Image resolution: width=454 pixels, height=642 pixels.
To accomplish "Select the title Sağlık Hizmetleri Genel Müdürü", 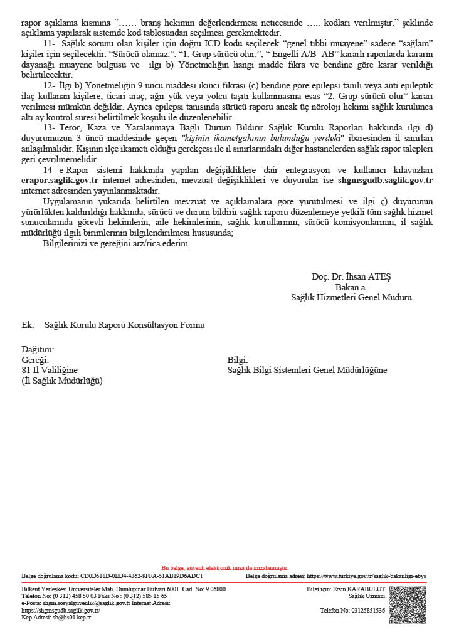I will [x=351, y=297].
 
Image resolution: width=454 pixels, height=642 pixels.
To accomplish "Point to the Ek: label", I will [x=27, y=325].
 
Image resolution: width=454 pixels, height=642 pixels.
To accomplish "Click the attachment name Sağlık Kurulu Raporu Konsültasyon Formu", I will [x=125, y=325].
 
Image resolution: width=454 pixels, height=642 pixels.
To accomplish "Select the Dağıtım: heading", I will [x=38, y=349].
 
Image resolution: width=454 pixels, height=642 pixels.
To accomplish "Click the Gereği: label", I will [x=35, y=360].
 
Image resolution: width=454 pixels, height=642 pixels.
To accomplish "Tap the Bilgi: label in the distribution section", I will [x=238, y=360].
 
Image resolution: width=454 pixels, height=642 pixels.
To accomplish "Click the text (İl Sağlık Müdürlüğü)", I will [x=62, y=381].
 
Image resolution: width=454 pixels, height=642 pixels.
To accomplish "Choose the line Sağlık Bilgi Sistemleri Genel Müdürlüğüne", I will [x=307, y=370].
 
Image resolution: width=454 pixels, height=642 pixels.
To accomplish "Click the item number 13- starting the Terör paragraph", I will [x=50, y=127].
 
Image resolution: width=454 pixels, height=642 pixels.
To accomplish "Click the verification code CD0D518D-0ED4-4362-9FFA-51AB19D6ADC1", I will [x=142, y=575].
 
